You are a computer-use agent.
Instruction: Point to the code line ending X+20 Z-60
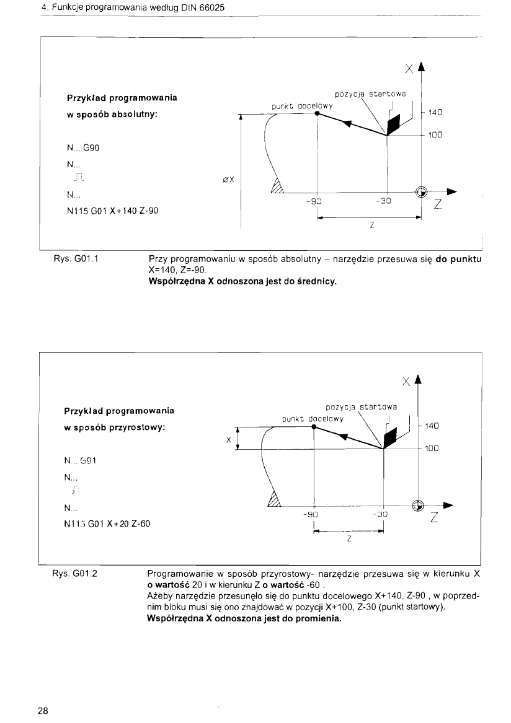click(x=108, y=524)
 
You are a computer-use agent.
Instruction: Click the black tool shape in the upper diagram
click(x=393, y=126)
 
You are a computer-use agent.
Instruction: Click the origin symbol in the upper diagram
click(x=422, y=192)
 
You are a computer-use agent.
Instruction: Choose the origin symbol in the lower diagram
click(x=419, y=504)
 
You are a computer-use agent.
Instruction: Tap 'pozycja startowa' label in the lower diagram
click(x=361, y=407)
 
